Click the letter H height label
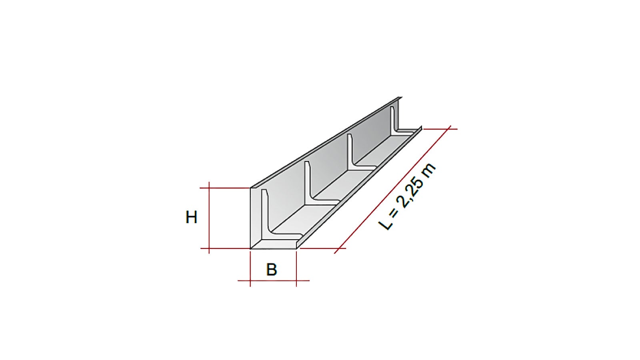(192, 217)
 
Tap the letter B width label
(272, 270)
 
